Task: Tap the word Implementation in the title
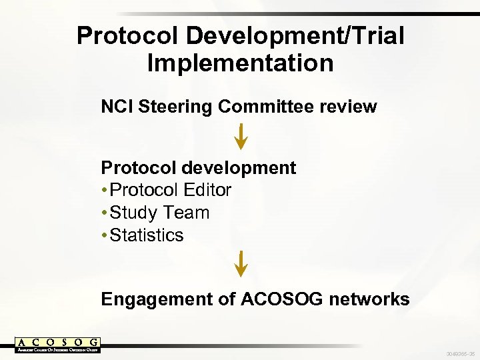pos(240,63)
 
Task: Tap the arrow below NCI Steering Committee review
pos(241,135)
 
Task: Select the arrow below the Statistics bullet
pos(241,263)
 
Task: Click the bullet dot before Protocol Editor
pos(105,191)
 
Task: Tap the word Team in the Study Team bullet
pos(189,213)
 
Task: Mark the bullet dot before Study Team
pos(105,213)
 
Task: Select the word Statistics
pos(147,236)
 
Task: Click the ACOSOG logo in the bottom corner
pos(57,345)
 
